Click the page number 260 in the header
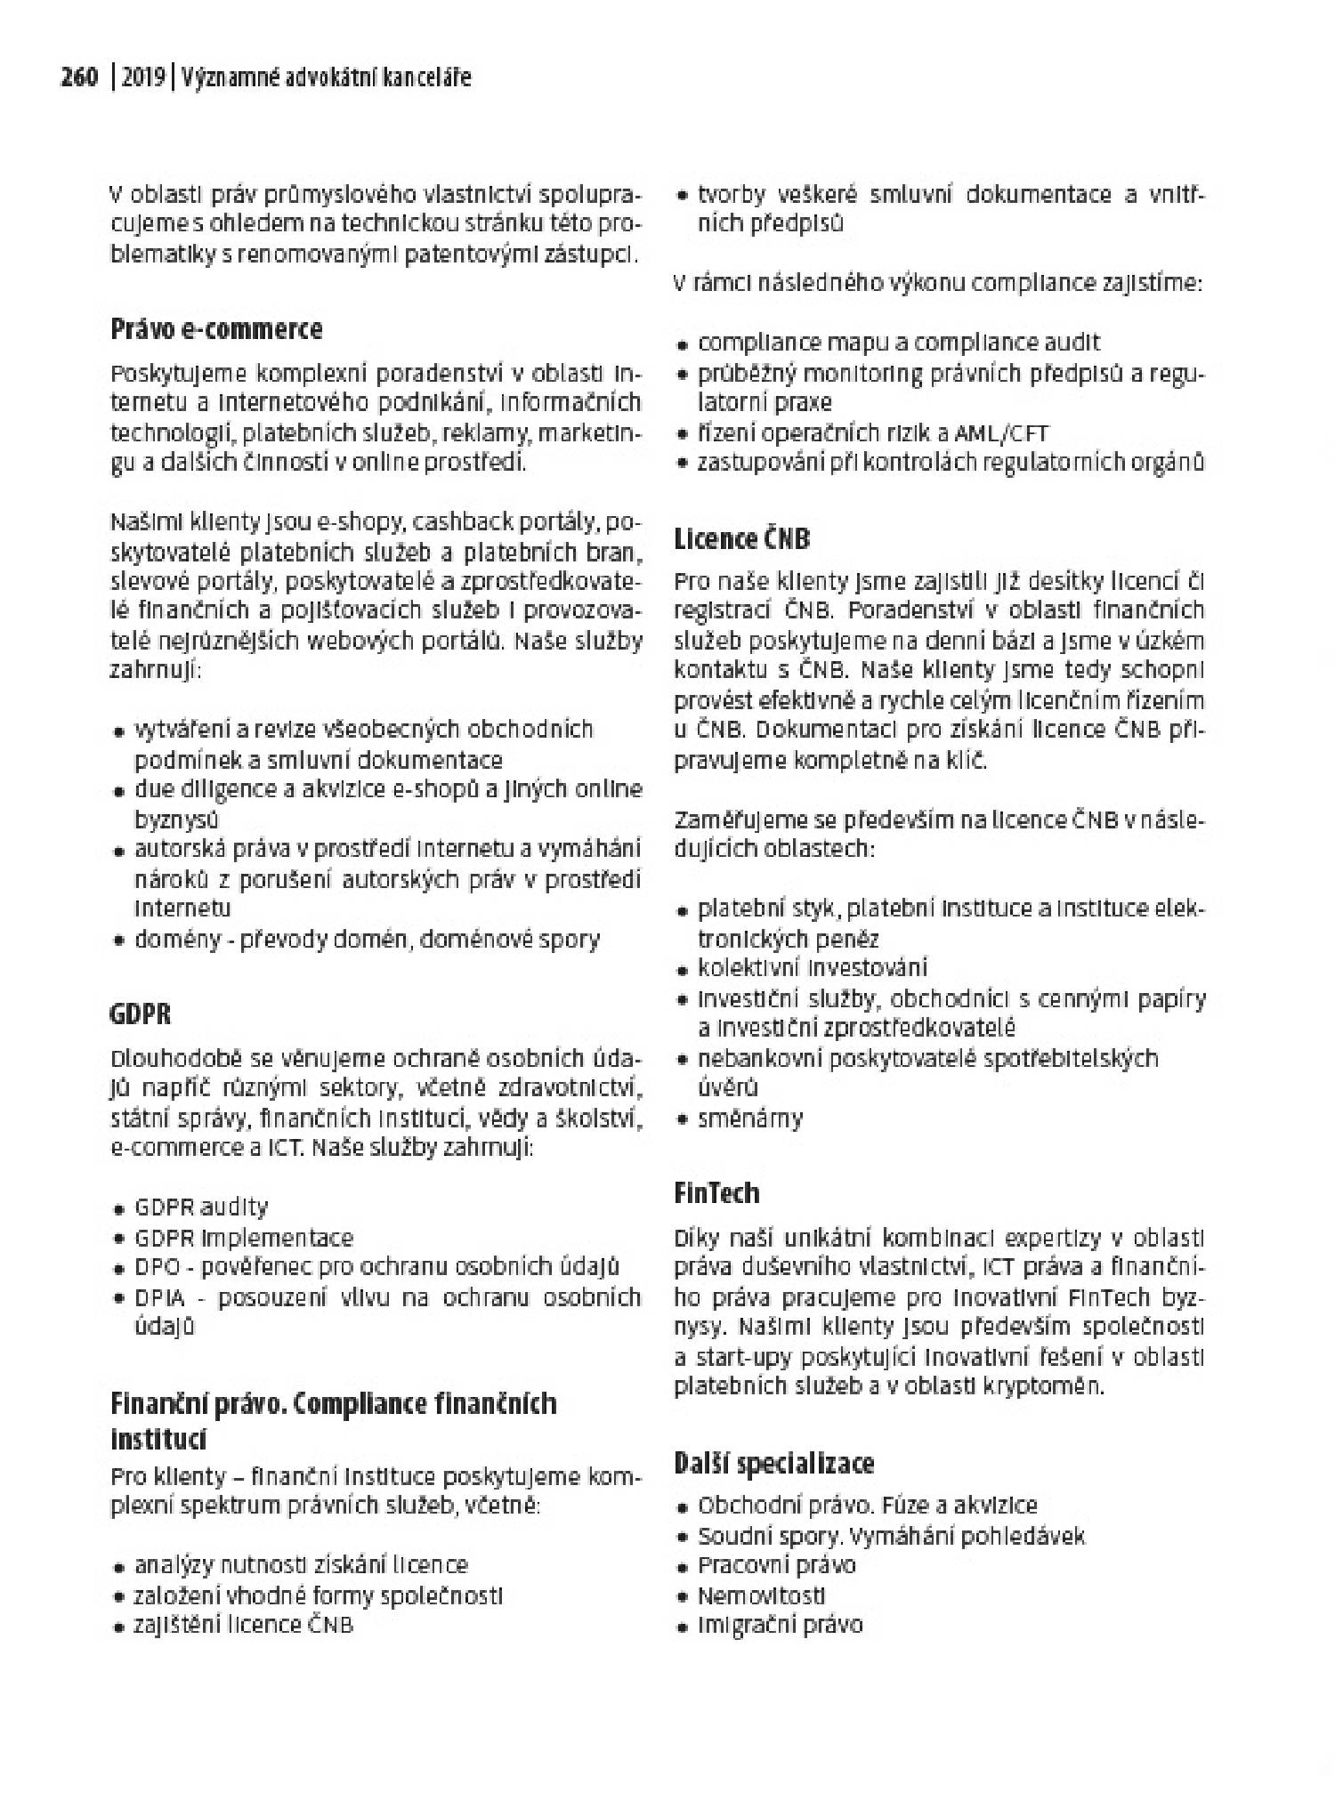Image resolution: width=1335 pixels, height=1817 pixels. pos(78,78)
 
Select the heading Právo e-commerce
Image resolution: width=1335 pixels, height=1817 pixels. pos(216,329)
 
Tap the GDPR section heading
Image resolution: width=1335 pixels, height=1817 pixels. pos(141,1013)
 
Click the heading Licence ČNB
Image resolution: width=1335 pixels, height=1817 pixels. pos(742,539)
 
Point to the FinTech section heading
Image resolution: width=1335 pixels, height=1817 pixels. pos(716,1192)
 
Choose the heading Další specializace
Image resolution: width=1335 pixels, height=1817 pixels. pos(773,1464)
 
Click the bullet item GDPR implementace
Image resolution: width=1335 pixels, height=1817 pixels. pos(243,1238)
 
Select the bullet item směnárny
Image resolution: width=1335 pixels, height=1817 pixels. pos(749,1118)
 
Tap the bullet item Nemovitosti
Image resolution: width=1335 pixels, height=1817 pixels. pos(761,1595)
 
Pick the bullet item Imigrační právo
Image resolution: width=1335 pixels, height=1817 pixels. pos(780,1625)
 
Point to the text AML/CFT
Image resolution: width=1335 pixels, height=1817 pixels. pos(1001,433)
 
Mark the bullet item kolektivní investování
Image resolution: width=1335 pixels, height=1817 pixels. pos(812,967)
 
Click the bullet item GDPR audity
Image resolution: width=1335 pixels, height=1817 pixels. pos(200,1207)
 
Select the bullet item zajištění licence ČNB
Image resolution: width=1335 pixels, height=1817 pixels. pos(243,1625)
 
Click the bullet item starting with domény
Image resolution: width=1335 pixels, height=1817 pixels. pos(367,939)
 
